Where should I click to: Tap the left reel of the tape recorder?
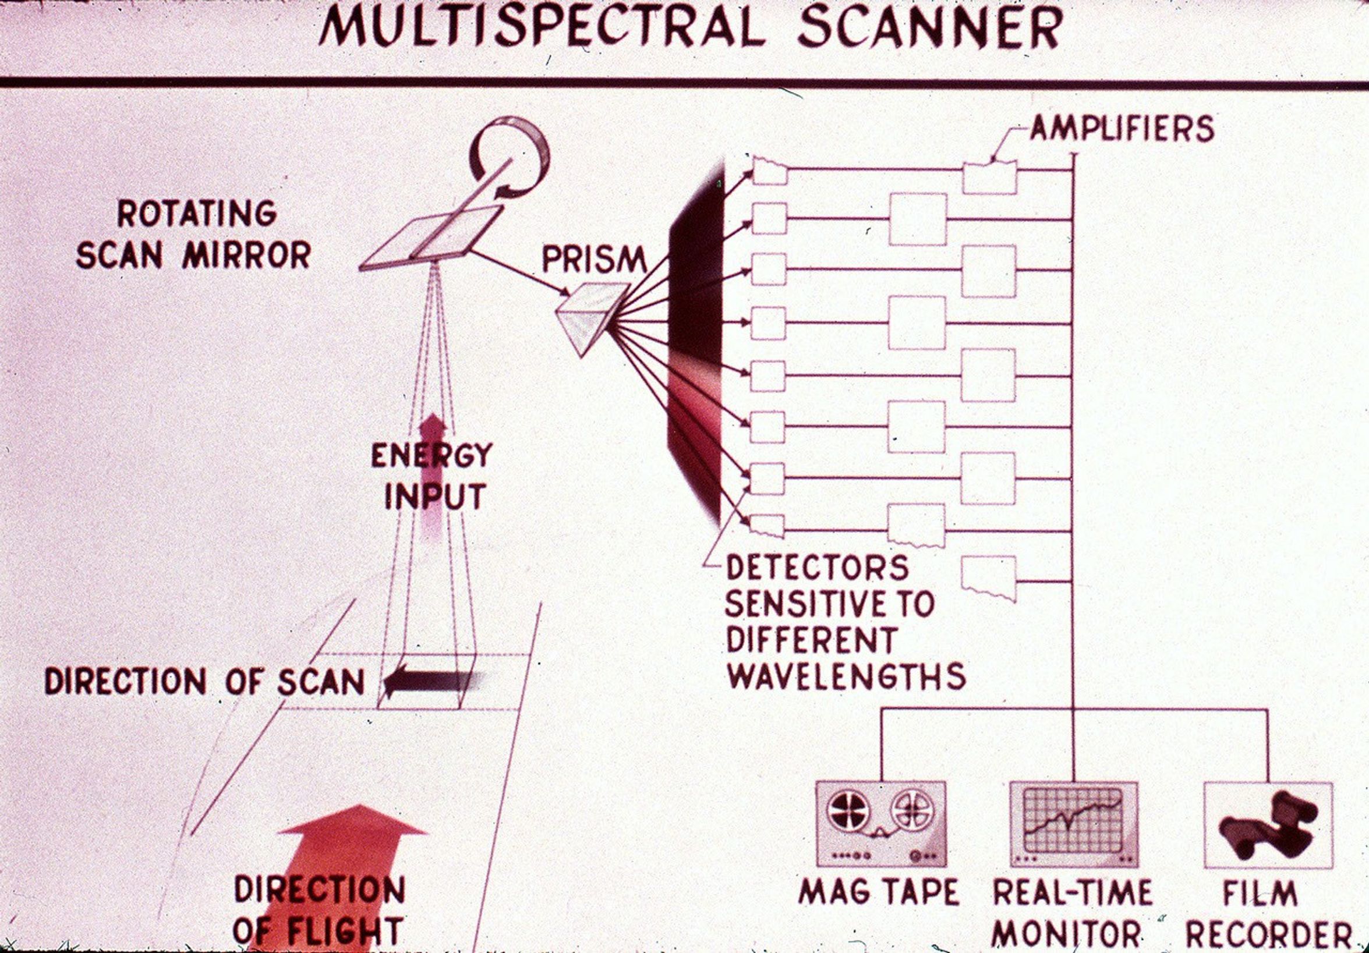(848, 812)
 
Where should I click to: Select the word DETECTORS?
(817, 568)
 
